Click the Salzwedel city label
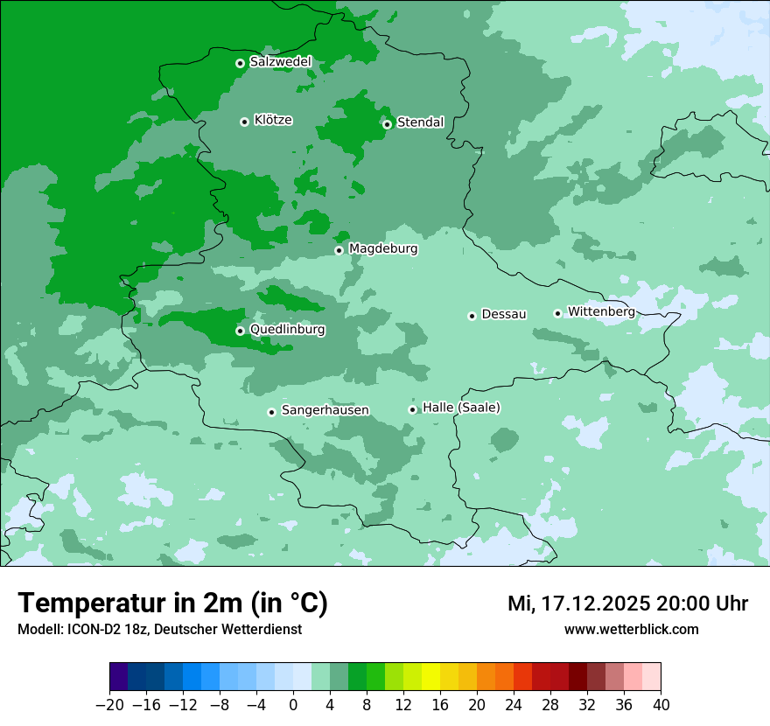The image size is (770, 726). point(280,62)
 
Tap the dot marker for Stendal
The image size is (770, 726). point(387,123)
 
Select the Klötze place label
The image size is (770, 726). point(273,120)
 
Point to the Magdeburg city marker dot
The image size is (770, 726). point(339,250)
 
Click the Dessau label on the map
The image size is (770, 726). point(504,314)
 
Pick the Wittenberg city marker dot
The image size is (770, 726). point(557,313)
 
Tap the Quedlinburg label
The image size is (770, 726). point(287,330)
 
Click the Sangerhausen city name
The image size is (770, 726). point(325,410)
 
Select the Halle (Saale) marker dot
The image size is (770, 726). point(413,409)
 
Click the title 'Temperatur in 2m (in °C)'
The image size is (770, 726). point(172,604)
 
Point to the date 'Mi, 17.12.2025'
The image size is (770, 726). point(577,604)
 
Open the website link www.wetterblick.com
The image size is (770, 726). point(631,630)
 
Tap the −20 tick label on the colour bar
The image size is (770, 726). point(109,705)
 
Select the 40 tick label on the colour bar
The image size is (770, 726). point(661,705)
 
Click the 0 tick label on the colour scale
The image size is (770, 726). point(293,705)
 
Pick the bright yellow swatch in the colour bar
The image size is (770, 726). point(431,677)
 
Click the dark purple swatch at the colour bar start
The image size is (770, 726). point(119,677)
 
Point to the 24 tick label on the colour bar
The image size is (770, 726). point(514,705)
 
